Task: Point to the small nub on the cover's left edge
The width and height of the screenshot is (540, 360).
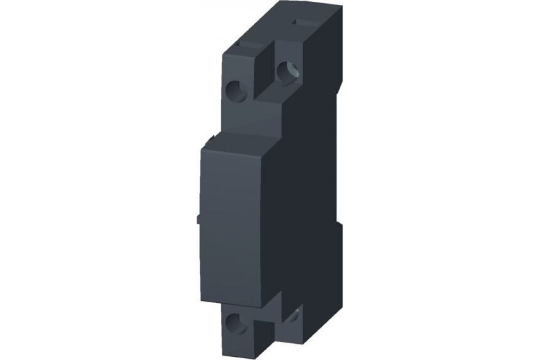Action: point(198,219)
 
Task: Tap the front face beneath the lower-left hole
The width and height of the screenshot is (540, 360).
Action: point(236,344)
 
